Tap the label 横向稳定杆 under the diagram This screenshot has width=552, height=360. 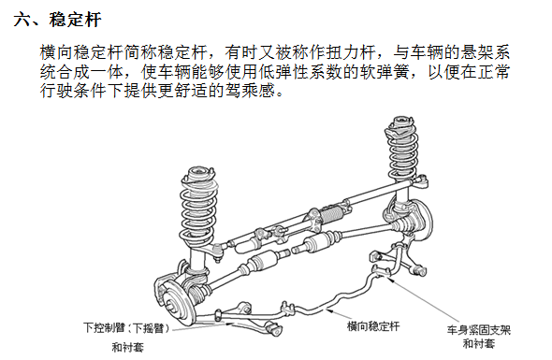click(x=373, y=325)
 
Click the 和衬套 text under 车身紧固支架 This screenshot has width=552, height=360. click(x=479, y=344)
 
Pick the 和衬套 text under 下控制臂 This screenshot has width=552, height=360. click(x=128, y=346)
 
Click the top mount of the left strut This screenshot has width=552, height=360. click(x=198, y=173)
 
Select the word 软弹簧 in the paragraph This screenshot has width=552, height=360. click(x=372, y=72)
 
